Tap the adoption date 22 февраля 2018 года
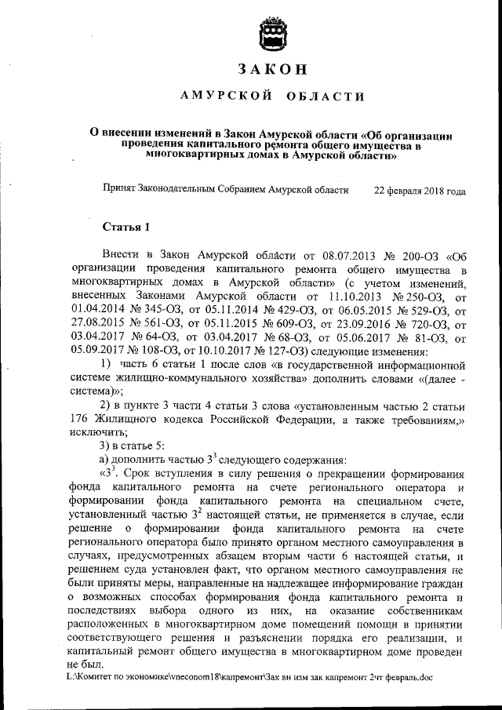(420, 191)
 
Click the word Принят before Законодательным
(120, 191)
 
